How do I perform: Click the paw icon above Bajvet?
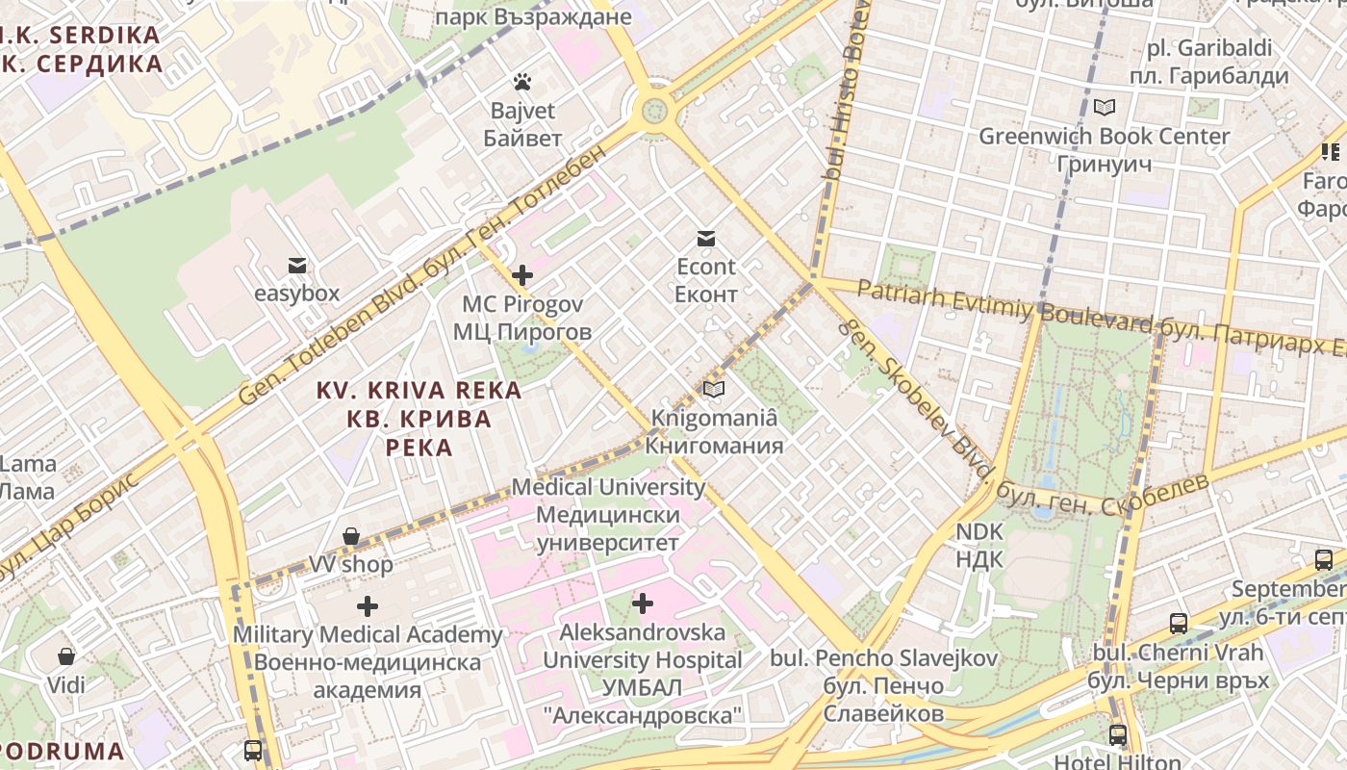522,82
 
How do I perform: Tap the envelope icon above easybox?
296,265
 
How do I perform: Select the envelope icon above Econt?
706,238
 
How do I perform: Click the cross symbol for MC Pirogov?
522,276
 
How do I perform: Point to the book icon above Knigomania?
713,389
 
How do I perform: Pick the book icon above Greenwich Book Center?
1105,107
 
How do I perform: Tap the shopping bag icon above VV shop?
352,536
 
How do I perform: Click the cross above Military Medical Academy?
368,606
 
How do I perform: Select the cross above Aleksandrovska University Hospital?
643,603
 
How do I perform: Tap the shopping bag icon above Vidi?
66,656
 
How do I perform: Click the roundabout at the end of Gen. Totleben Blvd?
655,107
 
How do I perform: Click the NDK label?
979,545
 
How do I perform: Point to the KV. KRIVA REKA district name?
419,419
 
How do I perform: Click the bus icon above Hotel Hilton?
1118,735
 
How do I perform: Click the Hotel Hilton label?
1118,762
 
